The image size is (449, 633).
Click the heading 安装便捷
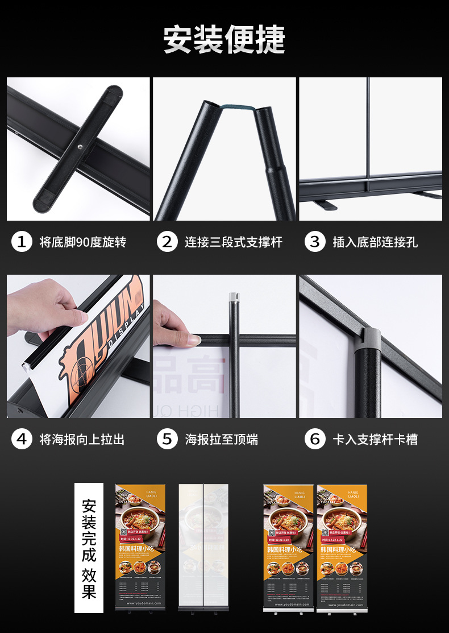224,40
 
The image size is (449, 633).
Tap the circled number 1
22,242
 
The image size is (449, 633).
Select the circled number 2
167,242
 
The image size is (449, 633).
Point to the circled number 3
315,242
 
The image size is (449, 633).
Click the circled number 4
22,439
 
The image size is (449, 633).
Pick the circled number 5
167,439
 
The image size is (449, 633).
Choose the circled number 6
315,439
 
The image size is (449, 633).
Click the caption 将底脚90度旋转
83,242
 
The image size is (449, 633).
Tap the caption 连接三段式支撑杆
233,242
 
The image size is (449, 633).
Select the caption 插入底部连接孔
375,242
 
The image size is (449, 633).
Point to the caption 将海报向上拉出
82,440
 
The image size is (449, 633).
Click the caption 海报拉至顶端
221,440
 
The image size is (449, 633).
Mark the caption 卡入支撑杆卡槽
375,440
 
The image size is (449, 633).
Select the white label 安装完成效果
89,548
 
